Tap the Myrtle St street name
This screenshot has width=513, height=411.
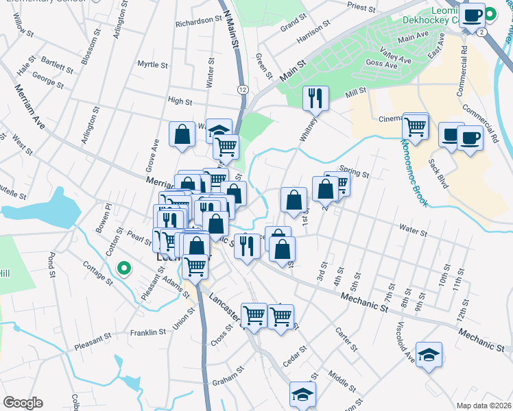point(152,65)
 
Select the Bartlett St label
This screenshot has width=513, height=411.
point(56,66)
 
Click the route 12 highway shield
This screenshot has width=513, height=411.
point(243,90)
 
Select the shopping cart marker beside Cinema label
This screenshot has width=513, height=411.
point(415,125)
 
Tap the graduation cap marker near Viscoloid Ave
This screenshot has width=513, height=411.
point(429,354)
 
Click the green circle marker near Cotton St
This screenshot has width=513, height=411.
point(123,269)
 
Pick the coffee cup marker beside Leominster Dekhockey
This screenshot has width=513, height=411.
point(472,14)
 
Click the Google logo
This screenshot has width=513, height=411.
point(23,403)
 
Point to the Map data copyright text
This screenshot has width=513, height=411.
point(483,406)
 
